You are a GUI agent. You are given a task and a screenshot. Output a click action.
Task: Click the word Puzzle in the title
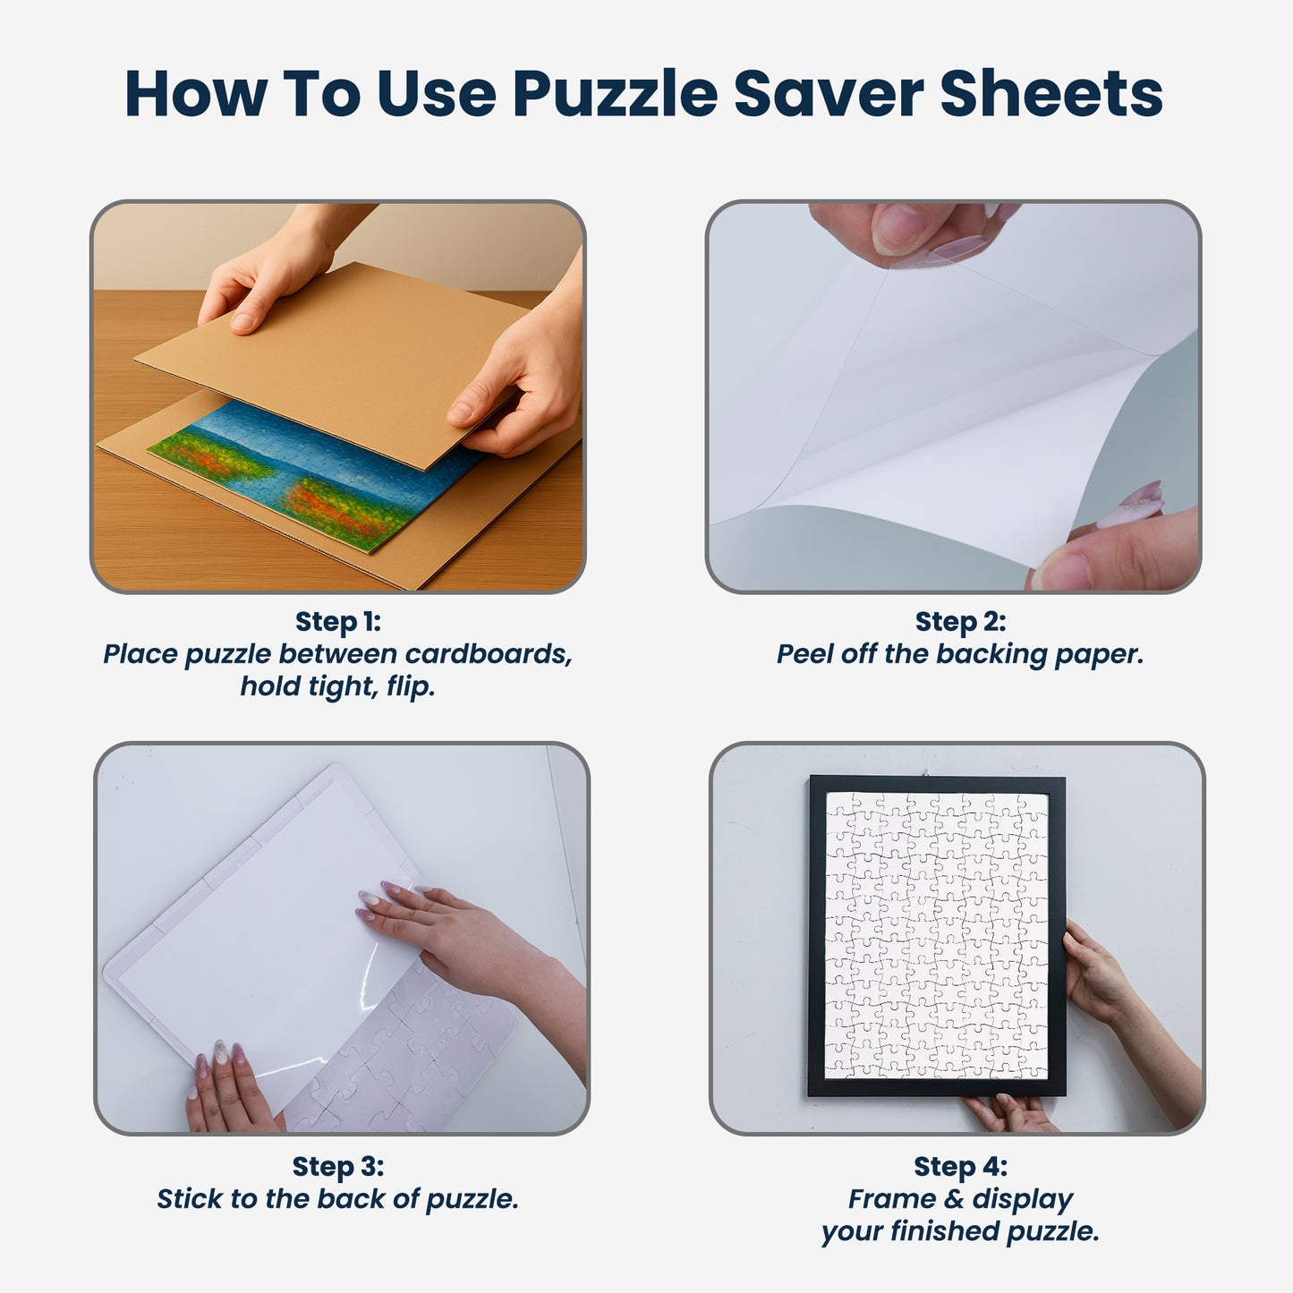(x=616, y=94)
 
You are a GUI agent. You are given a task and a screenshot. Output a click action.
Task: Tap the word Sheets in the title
(x=1051, y=93)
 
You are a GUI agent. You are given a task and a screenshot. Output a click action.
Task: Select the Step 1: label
(x=338, y=621)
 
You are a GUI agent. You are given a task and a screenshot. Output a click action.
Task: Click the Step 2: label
(x=960, y=621)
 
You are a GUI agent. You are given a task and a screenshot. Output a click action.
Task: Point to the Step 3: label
(x=338, y=1166)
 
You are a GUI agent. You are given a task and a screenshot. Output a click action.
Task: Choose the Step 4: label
(x=960, y=1166)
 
